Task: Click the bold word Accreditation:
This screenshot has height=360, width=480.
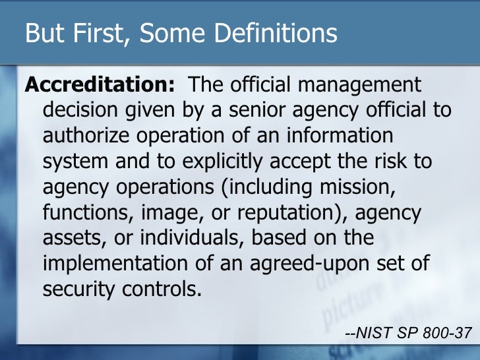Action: pyautogui.click(x=100, y=86)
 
